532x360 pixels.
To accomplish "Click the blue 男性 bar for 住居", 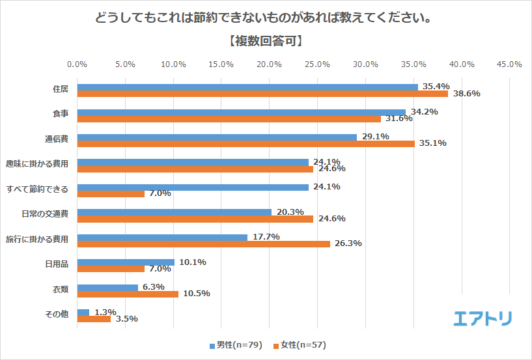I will click(x=247, y=87).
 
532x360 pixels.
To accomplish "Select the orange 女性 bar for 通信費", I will click(x=245, y=144).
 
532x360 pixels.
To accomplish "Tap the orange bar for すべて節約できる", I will click(x=111, y=194).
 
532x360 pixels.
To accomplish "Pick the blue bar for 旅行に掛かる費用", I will click(x=162, y=238).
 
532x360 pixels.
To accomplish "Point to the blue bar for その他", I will click(x=83, y=312).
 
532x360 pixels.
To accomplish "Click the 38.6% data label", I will click(x=466, y=94).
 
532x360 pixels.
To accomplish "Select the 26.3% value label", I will click(x=348, y=244).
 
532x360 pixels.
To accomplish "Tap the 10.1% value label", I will click(x=193, y=262).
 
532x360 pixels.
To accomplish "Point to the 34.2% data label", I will click(x=425, y=112).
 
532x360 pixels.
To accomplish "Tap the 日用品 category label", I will click(x=55, y=263).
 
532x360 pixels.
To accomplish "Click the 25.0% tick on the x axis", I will click(x=317, y=64).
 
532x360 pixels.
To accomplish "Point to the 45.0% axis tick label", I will click(x=509, y=64).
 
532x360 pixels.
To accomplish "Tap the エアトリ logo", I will click(x=483, y=318).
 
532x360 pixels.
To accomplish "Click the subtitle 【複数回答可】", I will click(x=266, y=41).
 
